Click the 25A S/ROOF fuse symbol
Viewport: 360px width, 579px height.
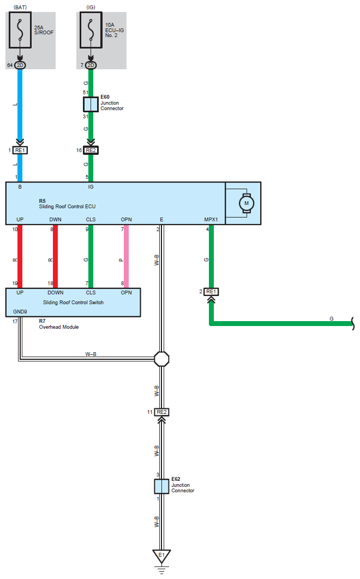click(x=20, y=30)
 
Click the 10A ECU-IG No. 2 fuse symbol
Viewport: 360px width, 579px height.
click(x=91, y=30)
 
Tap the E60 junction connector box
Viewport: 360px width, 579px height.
click(x=91, y=105)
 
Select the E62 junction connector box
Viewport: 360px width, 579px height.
click(x=161, y=486)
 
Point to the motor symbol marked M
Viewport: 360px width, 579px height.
click(x=246, y=203)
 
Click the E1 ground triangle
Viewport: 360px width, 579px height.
click(x=161, y=556)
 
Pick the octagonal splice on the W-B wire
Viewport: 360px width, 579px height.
click(x=161, y=359)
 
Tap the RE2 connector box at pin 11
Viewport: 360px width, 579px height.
click(x=161, y=412)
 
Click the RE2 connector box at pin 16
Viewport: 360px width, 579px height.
click(x=91, y=150)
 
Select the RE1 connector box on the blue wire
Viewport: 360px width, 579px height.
click(x=20, y=150)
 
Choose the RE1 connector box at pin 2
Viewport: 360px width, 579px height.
click(x=211, y=292)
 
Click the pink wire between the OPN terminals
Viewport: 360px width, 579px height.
click(x=126, y=256)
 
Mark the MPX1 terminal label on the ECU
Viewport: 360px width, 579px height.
click(x=211, y=219)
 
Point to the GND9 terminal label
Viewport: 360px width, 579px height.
click(x=20, y=312)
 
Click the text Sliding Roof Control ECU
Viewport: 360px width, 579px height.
click(x=67, y=207)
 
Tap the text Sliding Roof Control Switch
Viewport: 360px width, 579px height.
click(x=73, y=303)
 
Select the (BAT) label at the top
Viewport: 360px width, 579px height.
click(x=20, y=7)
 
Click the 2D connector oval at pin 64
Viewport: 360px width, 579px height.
click(x=20, y=65)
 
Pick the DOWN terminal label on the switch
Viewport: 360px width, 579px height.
click(x=56, y=292)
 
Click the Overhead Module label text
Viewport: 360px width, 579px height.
click(x=59, y=327)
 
